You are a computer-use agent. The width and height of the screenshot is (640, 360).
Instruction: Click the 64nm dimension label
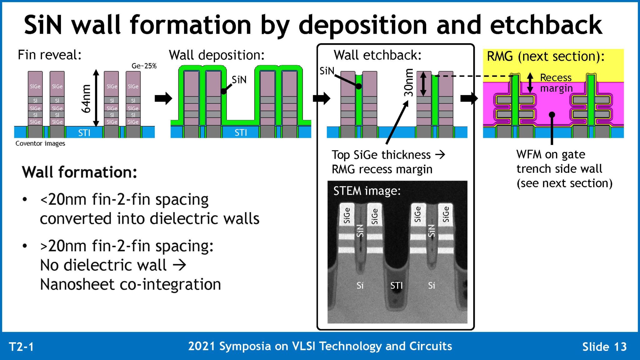tap(86, 98)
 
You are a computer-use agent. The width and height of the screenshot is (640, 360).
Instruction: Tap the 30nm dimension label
tap(408, 82)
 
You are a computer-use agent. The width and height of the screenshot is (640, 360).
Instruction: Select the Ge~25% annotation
tap(144, 66)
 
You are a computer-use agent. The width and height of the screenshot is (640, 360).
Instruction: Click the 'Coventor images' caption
tap(40, 143)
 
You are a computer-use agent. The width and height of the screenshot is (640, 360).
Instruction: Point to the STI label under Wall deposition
tap(241, 133)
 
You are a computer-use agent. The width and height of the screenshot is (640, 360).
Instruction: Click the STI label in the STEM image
tap(396, 285)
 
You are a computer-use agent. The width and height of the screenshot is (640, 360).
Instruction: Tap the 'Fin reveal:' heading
tap(50, 55)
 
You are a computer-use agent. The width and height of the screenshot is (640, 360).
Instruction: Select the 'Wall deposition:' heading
tap(217, 55)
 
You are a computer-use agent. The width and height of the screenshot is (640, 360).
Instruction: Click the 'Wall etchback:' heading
tap(377, 55)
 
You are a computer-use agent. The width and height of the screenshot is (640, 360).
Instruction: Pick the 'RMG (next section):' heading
tap(546, 57)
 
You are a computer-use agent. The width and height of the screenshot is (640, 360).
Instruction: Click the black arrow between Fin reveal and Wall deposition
tap(163, 98)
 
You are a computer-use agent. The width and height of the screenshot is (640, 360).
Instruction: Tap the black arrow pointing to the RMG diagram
tap(469, 98)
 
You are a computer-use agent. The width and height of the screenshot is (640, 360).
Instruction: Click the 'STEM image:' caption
tap(367, 191)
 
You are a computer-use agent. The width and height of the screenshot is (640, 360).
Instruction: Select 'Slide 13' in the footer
tap(604, 347)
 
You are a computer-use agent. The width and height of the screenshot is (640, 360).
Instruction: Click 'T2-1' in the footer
tap(21, 347)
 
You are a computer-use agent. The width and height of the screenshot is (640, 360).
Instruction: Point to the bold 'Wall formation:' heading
tap(79, 172)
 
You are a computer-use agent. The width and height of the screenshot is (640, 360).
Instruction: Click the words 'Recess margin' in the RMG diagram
tap(556, 83)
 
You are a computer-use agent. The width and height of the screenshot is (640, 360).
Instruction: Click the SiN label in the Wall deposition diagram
tap(239, 80)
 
